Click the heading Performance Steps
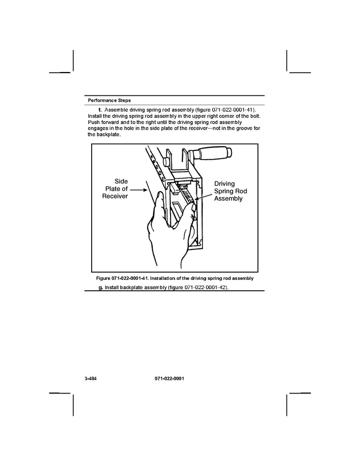(109, 100)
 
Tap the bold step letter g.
(100, 287)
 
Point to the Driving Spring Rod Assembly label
(231, 191)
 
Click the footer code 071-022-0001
(169, 379)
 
